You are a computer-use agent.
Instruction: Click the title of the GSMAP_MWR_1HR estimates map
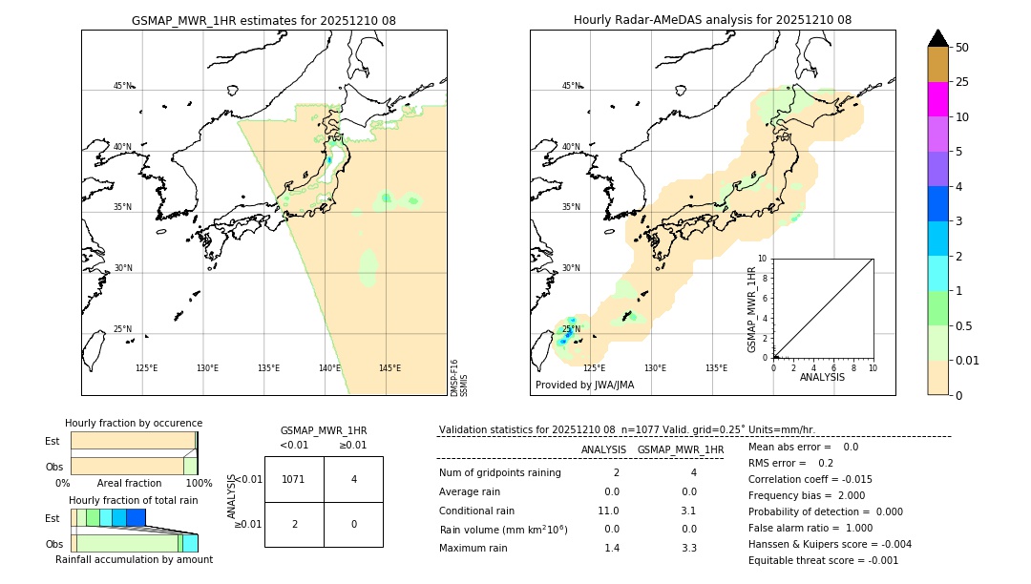coord(263,20)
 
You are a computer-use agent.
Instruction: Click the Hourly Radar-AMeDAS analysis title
coord(712,20)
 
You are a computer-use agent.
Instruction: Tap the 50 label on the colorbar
coord(962,47)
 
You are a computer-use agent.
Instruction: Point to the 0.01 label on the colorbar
coord(969,360)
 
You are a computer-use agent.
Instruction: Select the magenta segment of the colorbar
coord(937,99)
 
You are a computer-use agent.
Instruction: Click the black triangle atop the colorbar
coord(937,38)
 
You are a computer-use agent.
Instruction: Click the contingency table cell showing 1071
coord(294,479)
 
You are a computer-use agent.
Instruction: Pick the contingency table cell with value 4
coord(353,479)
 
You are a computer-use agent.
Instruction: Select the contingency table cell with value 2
coord(294,524)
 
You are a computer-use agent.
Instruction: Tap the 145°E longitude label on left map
coord(389,368)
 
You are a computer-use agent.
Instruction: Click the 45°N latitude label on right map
coord(571,86)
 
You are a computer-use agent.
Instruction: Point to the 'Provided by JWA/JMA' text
coord(584,386)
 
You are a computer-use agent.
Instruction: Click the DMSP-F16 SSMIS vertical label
coord(458,378)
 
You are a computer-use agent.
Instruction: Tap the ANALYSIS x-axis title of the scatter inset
coord(823,377)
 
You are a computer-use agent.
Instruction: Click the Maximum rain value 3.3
coord(688,548)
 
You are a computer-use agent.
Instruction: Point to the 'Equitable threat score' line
coord(823,560)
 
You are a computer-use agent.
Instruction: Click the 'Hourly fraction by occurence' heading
coord(134,423)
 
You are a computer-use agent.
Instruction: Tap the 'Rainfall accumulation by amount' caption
coord(134,559)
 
